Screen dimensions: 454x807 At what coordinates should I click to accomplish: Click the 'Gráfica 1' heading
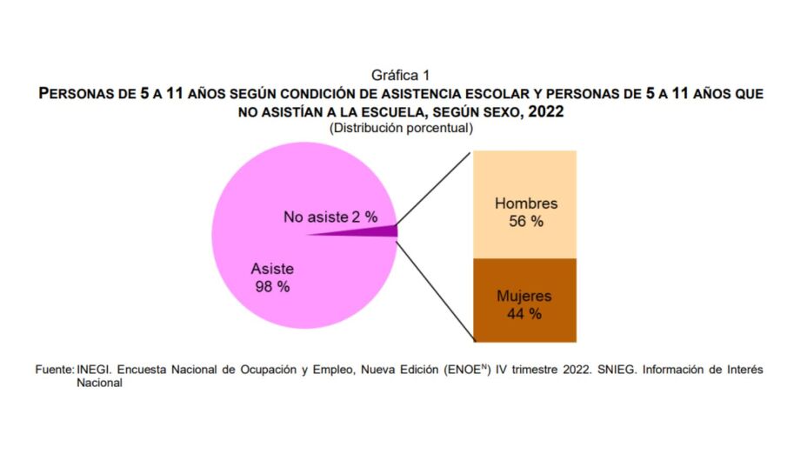pos(400,76)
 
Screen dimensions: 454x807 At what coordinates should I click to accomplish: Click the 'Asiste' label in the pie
pos(272,268)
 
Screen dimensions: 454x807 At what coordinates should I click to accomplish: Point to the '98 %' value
pos(272,286)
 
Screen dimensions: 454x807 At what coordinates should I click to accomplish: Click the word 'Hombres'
pos(525,204)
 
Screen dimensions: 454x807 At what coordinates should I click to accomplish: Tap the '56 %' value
pos(525,222)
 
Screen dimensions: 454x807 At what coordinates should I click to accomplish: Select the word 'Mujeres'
pos(524,296)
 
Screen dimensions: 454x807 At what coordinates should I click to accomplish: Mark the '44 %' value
pos(524,314)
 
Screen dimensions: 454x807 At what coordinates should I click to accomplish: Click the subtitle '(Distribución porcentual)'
pos(400,128)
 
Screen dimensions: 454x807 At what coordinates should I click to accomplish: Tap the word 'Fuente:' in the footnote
pos(54,370)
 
